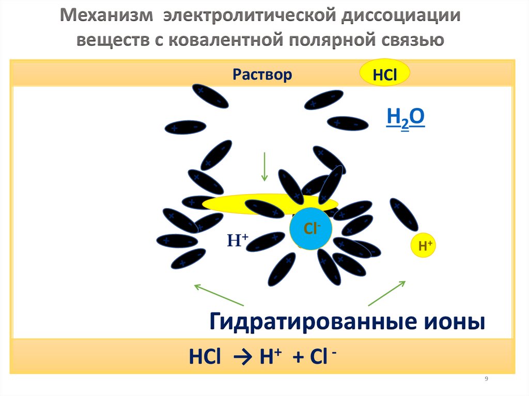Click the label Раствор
[x=262, y=75]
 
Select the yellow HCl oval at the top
[x=384, y=73]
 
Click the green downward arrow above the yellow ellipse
[x=264, y=166]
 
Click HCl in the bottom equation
[x=205, y=358]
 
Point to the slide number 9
[x=486, y=379]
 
